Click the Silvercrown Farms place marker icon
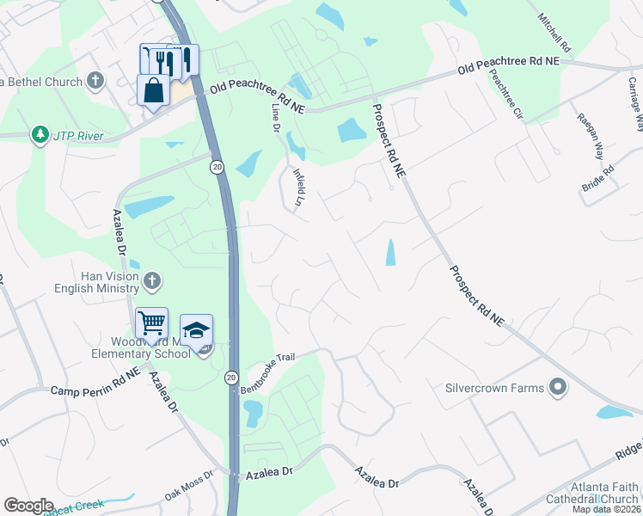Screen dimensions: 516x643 pyautogui.click(x=559, y=388)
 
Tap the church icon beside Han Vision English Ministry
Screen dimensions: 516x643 pyautogui.click(x=152, y=280)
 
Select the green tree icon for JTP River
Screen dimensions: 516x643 pyautogui.click(x=40, y=136)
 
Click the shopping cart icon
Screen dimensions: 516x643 pyautogui.click(x=151, y=323)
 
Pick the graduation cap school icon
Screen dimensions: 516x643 pyautogui.click(x=196, y=330)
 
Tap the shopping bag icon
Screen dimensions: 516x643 pyautogui.click(x=153, y=89)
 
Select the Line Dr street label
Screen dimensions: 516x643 pyautogui.click(x=276, y=118)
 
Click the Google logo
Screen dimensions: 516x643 pyautogui.click(x=28, y=506)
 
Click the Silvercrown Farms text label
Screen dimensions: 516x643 pyautogui.click(x=494, y=388)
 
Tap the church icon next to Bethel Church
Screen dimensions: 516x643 pyautogui.click(x=95, y=82)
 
